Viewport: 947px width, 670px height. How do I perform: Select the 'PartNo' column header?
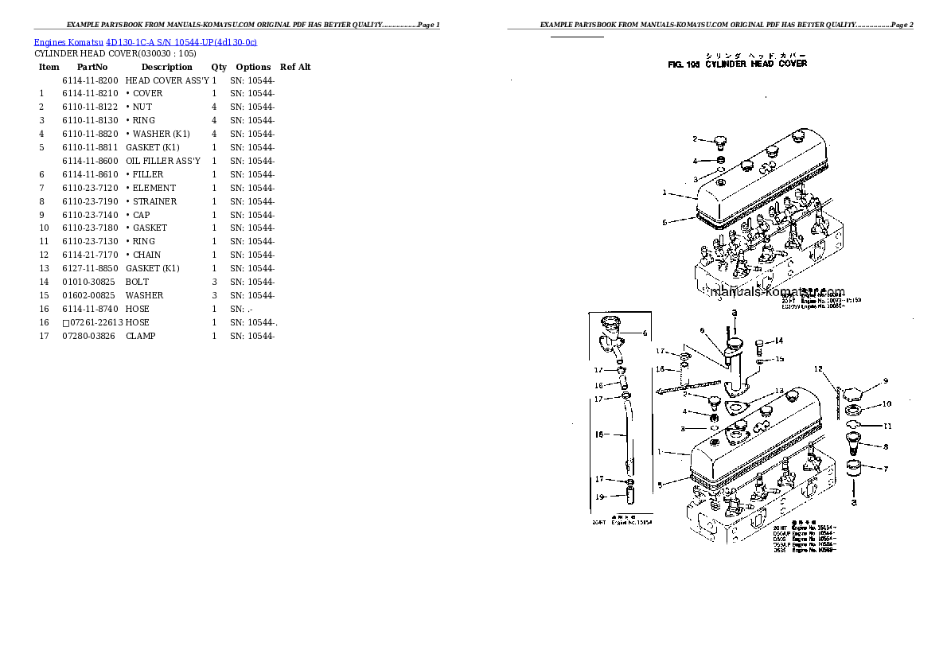(92, 68)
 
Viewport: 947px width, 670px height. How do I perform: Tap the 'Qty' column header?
(219, 68)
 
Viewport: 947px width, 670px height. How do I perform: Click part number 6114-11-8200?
(90, 80)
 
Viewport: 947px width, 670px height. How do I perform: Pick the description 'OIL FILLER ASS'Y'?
(163, 161)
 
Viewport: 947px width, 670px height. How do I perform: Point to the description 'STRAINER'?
(154, 201)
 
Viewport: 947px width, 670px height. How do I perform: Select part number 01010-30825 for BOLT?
(88, 282)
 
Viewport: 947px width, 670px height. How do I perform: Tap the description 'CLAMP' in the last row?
(140, 336)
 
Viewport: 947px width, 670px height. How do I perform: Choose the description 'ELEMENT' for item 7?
(154, 188)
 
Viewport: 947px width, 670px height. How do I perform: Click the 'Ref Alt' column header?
(295, 68)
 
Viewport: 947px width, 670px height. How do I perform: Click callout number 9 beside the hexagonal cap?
(885, 380)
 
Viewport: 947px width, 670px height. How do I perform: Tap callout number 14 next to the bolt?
(779, 341)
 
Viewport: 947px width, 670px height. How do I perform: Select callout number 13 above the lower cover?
(780, 391)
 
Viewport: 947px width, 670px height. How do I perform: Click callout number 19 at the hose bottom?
(601, 497)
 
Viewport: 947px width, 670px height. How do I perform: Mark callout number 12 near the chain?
(817, 369)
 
